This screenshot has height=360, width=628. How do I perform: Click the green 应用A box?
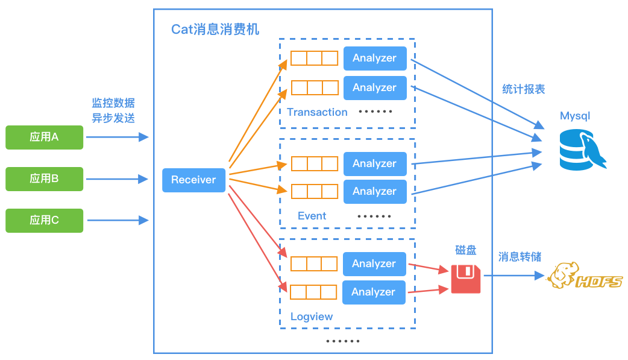pyautogui.click(x=44, y=137)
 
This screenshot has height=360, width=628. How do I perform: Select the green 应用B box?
pyautogui.click(x=44, y=179)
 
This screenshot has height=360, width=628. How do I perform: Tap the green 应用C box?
pyautogui.click(x=44, y=221)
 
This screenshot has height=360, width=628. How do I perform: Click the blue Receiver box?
pyautogui.click(x=193, y=180)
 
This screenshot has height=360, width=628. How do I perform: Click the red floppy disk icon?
pyautogui.click(x=466, y=279)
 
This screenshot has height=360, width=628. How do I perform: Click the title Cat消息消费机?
pyautogui.click(x=215, y=30)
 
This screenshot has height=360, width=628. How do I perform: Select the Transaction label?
pyautogui.click(x=317, y=112)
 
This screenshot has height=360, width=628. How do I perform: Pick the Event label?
pyautogui.click(x=312, y=216)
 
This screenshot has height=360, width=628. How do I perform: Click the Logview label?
pyautogui.click(x=311, y=317)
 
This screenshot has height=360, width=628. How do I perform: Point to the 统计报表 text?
pyautogui.click(x=523, y=89)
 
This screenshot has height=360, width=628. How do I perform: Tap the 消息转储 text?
pyautogui.click(x=520, y=257)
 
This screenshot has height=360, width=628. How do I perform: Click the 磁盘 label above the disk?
pyautogui.click(x=466, y=250)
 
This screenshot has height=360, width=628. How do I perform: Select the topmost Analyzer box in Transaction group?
pyautogui.click(x=374, y=58)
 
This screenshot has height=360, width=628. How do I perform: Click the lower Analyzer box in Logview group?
pyautogui.click(x=374, y=292)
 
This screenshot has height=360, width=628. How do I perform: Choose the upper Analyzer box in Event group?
pyautogui.click(x=374, y=163)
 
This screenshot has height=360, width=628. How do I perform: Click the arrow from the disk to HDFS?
pyautogui.click(x=512, y=276)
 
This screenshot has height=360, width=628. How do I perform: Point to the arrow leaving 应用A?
pyautogui.click(x=117, y=137)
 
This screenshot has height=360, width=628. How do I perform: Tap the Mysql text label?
pyautogui.click(x=575, y=116)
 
